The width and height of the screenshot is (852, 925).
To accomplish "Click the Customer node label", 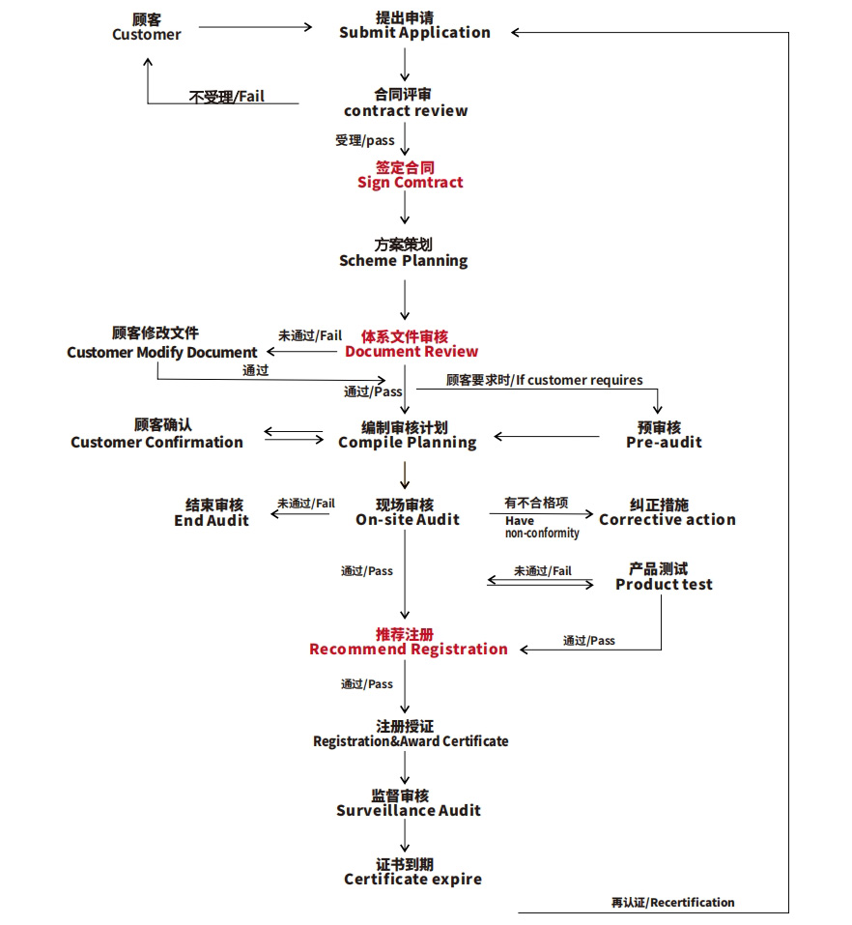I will [x=147, y=27].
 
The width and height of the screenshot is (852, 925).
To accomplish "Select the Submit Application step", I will [x=414, y=25].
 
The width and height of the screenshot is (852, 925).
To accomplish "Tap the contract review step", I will [x=406, y=102].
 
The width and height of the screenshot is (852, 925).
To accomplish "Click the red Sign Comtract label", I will [x=410, y=175].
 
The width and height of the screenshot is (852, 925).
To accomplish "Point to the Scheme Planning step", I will [x=404, y=253].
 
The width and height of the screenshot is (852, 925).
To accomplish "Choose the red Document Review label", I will [x=411, y=344].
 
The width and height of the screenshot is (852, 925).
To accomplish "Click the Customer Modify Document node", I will [x=162, y=343].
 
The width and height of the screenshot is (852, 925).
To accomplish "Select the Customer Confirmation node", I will [x=156, y=434].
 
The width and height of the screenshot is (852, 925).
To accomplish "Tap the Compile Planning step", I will [x=407, y=435].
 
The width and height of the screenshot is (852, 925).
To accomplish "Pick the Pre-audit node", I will [x=664, y=435].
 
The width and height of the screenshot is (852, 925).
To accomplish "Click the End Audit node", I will [x=212, y=512].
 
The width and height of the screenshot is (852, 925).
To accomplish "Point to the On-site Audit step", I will [x=407, y=512].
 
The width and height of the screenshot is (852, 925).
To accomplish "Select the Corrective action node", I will [x=667, y=512].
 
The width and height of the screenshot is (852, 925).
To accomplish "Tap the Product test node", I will [x=664, y=577].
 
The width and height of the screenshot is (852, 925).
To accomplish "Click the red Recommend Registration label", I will [x=408, y=642].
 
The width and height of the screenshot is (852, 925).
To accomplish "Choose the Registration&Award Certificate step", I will [x=410, y=734].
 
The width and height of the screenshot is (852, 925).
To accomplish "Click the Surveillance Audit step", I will [x=408, y=803].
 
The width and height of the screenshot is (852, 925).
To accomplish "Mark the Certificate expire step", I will [x=412, y=872].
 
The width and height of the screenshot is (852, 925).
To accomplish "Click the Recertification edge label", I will [x=672, y=903].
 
